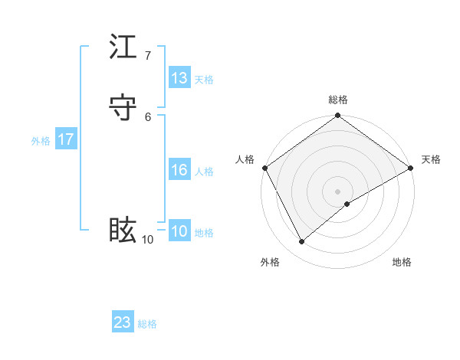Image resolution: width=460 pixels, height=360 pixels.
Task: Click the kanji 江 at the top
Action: click(x=123, y=47)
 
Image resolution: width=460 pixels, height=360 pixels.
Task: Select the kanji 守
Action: click(x=123, y=106)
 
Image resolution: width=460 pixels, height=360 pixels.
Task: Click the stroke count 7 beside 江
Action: click(x=148, y=56)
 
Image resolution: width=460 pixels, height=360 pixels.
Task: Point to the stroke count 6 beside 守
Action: click(x=148, y=116)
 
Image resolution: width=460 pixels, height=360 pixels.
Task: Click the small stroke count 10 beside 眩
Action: click(x=148, y=240)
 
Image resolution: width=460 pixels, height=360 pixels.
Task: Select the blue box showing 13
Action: click(x=179, y=78)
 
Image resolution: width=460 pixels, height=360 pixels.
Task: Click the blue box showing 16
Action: click(x=179, y=171)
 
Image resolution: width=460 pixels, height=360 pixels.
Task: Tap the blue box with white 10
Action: click(x=179, y=232)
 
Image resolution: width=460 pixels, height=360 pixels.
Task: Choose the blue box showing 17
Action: click(x=66, y=140)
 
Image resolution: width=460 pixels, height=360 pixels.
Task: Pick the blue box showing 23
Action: click(x=123, y=322)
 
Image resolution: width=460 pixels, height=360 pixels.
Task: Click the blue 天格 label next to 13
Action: click(x=204, y=79)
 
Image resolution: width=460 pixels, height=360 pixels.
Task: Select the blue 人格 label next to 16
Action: click(x=204, y=172)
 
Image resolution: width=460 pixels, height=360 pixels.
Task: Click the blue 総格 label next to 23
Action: click(x=147, y=324)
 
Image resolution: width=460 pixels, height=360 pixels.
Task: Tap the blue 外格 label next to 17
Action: click(x=41, y=141)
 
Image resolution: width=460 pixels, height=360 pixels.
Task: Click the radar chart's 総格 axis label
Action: click(x=338, y=100)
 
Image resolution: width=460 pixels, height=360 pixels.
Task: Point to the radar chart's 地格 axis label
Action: click(x=402, y=262)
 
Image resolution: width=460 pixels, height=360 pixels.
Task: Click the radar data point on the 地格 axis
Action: click(x=347, y=204)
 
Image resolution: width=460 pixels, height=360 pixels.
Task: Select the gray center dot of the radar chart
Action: click(x=338, y=191)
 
